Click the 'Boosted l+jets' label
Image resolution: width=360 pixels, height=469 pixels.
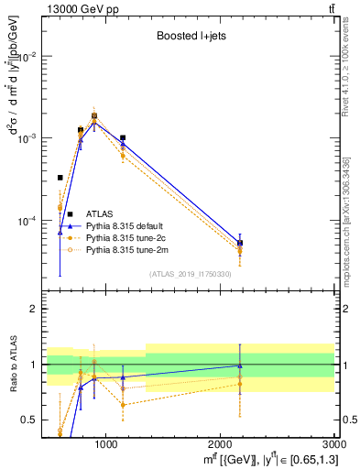186,38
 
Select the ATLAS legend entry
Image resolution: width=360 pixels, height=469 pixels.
99,214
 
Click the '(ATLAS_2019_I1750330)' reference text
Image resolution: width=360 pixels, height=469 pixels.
190,273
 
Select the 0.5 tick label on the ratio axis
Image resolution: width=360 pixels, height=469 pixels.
29,420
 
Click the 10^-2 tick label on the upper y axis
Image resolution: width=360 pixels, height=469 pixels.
25,56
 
